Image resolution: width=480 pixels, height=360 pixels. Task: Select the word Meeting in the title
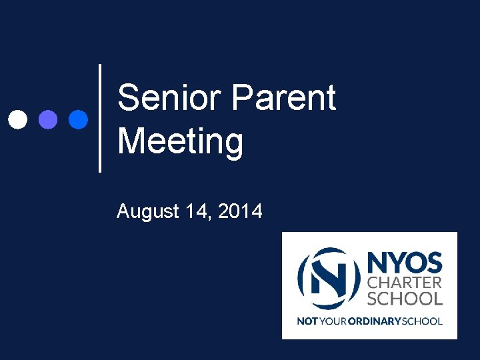pyautogui.click(x=180, y=142)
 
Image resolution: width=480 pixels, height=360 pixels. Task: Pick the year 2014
pyautogui.click(x=240, y=212)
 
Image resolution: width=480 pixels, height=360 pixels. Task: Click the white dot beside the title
pyautogui.click(x=18, y=119)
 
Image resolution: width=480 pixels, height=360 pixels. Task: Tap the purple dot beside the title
pyautogui.click(x=48, y=119)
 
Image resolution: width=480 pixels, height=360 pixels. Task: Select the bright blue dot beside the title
pyautogui.click(x=78, y=119)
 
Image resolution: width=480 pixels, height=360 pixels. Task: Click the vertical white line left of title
pyautogui.click(x=100, y=118)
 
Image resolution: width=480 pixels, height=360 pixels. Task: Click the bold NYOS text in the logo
pyautogui.click(x=405, y=261)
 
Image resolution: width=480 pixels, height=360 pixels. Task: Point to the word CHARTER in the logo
pyautogui.click(x=405, y=283)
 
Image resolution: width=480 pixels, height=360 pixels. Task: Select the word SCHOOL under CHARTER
pyautogui.click(x=405, y=299)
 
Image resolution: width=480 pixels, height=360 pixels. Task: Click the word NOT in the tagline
pyautogui.click(x=307, y=321)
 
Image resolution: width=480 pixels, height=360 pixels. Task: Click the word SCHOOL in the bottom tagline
pyautogui.click(x=422, y=321)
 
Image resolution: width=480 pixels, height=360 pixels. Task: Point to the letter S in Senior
pyautogui.click(x=129, y=99)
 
